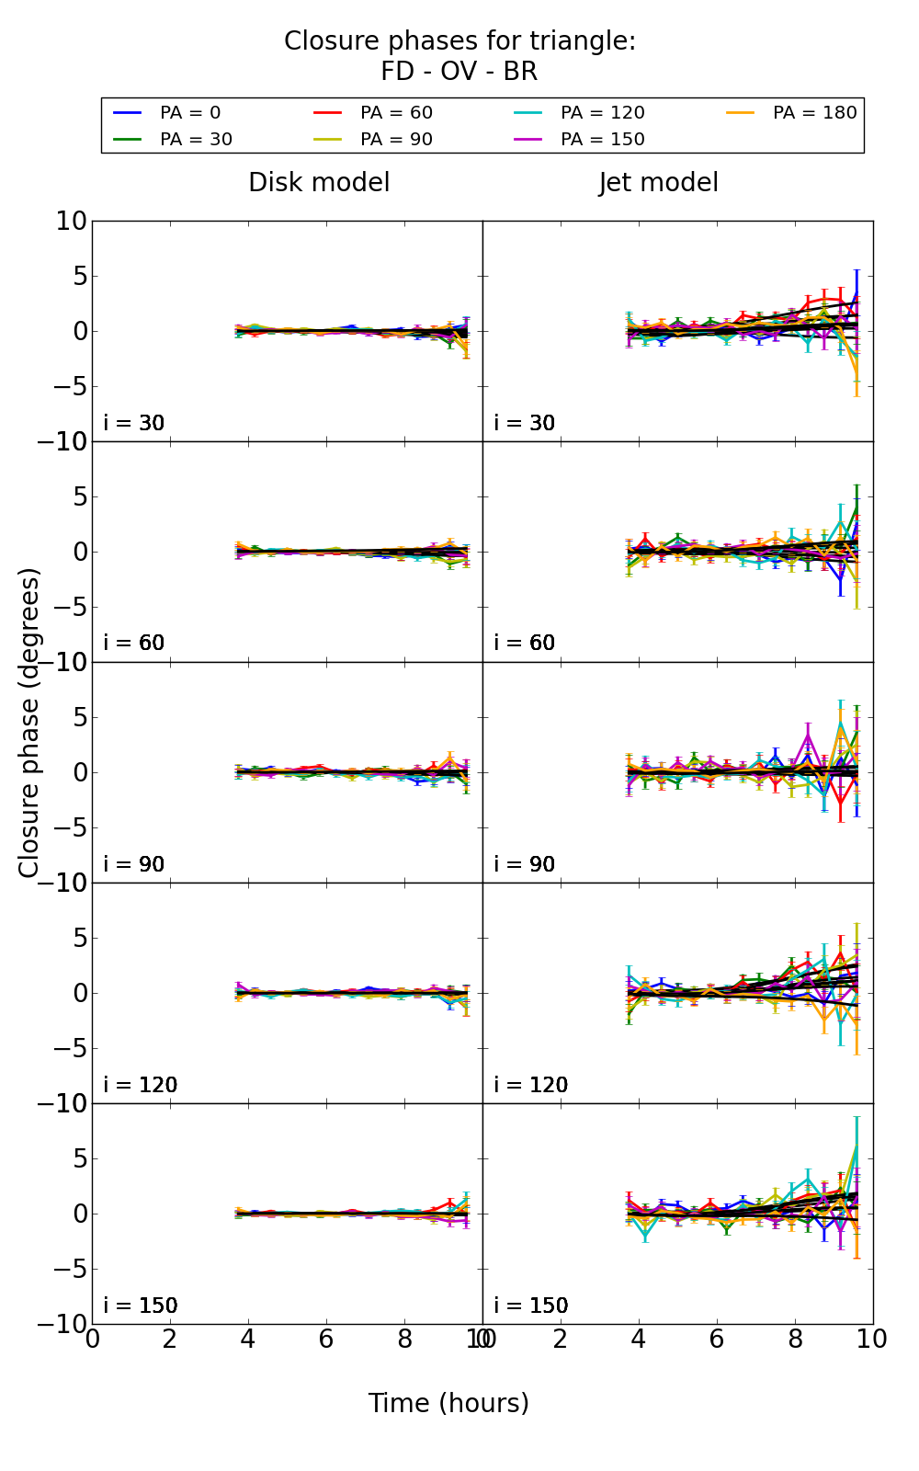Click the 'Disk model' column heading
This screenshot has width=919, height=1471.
coord(319,183)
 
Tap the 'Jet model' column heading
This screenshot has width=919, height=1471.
coord(658,183)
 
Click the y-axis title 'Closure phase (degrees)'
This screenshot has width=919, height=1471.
coord(29,723)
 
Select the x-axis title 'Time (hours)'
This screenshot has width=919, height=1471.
coord(448,1403)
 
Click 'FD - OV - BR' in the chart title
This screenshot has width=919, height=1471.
coord(459,72)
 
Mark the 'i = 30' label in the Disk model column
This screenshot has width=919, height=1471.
coord(134,423)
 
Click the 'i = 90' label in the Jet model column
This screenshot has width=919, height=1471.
coord(525,864)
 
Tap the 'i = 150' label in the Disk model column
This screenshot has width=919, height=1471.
coord(141,1306)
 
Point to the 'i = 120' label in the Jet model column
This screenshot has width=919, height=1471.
coord(531,1085)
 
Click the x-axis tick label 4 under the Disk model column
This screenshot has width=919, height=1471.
coord(248,1339)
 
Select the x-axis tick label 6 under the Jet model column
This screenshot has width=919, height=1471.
coord(717,1339)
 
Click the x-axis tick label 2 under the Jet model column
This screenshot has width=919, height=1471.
coord(561,1339)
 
